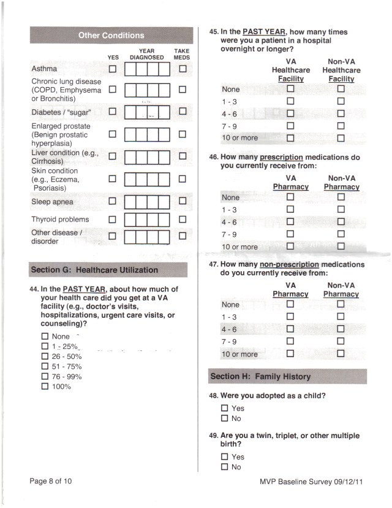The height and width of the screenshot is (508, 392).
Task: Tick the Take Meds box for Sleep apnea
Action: (183, 201)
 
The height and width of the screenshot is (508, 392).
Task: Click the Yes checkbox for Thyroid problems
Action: (112, 219)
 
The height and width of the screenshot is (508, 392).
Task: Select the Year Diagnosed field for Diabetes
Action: (147, 112)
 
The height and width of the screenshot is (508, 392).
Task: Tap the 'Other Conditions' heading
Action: (111, 36)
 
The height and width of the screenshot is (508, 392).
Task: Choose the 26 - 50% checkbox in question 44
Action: (44, 356)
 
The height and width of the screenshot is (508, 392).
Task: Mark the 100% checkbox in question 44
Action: (44, 387)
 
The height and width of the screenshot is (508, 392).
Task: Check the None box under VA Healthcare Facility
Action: (291, 90)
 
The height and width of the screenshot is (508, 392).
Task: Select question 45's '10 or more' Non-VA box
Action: (341, 137)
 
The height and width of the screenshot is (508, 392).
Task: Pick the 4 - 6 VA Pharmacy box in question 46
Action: (291, 221)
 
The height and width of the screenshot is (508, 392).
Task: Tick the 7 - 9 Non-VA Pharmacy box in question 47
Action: (341, 341)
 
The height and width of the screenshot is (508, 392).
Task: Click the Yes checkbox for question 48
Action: (225, 408)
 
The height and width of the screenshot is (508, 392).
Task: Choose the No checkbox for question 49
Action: (225, 467)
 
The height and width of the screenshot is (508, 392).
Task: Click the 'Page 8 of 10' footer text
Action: (51, 482)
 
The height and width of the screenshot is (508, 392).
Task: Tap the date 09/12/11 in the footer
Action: (345, 482)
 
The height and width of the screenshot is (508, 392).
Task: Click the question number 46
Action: (214, 158)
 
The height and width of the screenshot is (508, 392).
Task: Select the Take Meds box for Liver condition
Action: (183, 156)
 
